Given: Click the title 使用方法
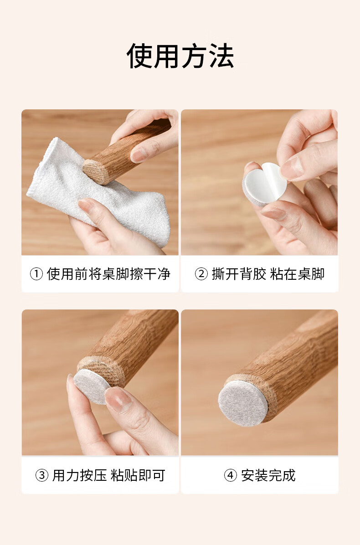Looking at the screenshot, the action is pos(180,56).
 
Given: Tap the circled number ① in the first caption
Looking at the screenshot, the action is pos(36,274).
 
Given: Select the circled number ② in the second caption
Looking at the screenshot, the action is pos(201,274).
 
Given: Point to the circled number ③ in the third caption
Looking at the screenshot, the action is pos(42,475).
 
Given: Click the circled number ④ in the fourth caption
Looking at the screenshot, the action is pos(231,475).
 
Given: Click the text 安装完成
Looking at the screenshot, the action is pos(268,475).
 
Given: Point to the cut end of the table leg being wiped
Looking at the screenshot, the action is pos(94,171).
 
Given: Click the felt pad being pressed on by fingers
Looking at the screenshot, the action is pos(91,386).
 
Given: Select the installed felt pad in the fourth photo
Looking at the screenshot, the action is pos(243,403).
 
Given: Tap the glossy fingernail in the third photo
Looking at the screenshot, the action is pos(118,400).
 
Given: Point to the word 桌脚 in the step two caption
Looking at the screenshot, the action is pos(311,274).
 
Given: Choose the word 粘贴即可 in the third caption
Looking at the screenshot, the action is pos(138,475).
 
